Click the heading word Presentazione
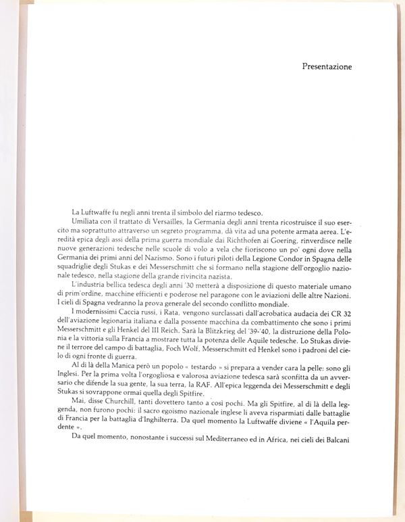pyautogui.click(x=327, y=67)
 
